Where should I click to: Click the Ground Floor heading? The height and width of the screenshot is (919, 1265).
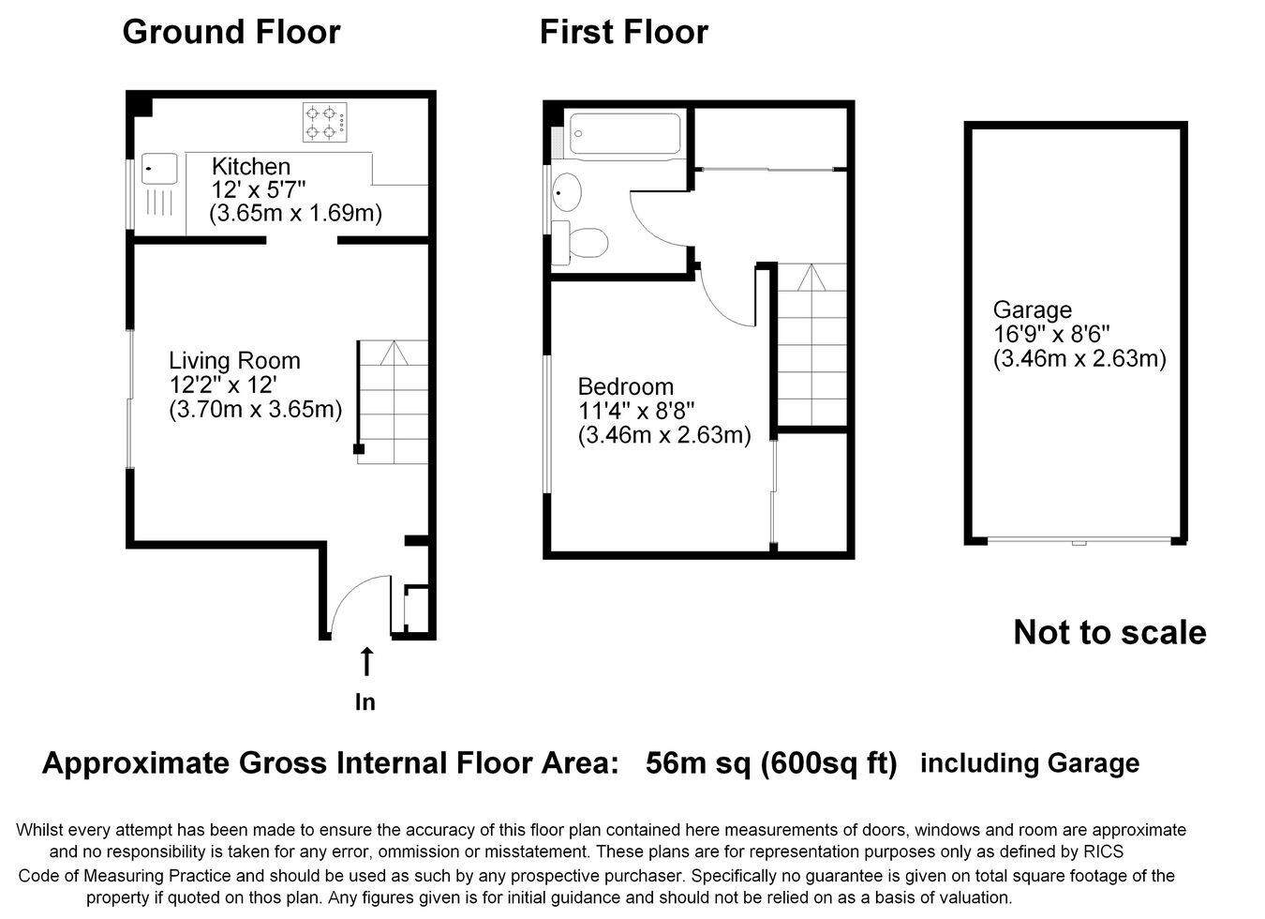231,32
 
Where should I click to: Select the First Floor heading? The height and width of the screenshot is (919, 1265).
624,32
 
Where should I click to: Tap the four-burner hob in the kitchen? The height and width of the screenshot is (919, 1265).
325,122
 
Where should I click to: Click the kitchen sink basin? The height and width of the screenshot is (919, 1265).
159,169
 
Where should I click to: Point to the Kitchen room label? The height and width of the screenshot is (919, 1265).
251,167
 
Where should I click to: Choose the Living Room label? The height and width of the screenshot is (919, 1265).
234,361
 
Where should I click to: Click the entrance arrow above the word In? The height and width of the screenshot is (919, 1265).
367,662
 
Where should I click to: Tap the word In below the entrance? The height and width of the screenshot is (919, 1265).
365,702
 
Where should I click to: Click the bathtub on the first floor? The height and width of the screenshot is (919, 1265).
625,133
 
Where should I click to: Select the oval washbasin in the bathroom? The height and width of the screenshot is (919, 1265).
566,192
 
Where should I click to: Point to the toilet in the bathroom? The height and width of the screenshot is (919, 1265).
580,243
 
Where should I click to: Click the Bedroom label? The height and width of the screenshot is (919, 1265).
626,387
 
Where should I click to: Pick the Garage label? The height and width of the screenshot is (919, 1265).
1033,309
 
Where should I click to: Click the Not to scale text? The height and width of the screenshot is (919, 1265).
1109,632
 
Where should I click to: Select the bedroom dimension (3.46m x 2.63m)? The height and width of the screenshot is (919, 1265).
664,435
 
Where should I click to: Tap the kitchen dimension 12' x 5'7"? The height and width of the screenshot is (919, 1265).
259,190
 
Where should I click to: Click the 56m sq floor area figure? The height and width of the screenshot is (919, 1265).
698,762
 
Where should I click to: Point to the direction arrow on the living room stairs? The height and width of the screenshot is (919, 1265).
394,354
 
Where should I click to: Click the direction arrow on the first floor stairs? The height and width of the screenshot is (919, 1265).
811,277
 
